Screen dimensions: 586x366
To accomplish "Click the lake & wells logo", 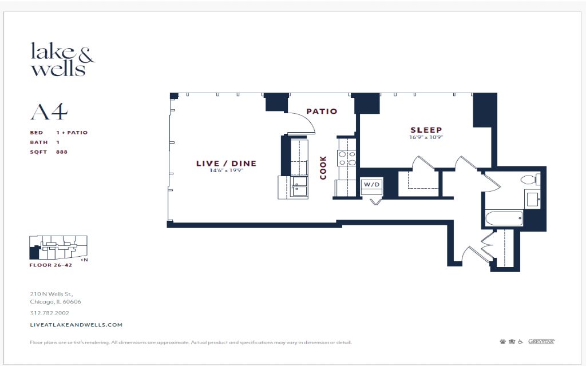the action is tap(63, 59).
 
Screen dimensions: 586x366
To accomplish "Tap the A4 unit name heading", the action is tap(49, 112).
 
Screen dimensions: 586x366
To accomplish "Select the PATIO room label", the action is tap(322, 112).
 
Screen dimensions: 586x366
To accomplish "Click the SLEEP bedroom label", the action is tap(426, 130).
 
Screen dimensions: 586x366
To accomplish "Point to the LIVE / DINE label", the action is tap(227, 163).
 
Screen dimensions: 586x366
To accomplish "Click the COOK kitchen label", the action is tap(323, 168).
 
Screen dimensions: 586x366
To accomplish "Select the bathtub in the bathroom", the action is tap(504, 218).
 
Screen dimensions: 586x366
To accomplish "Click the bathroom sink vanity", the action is tap(533, 199).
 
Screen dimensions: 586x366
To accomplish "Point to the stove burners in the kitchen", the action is tap(347, 158).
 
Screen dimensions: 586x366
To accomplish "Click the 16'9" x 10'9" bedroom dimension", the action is tap(426, 137).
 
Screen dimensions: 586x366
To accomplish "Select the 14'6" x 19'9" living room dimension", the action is tap(227, 170).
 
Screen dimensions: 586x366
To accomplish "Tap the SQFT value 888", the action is tap(62, 152).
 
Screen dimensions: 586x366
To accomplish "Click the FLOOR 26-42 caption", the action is tap(51, 265).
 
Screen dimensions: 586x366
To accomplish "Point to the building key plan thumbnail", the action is tap(59, 248).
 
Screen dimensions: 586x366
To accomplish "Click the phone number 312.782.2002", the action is tap(49, 313).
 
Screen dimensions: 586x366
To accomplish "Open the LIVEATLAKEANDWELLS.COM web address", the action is tap(76, 325).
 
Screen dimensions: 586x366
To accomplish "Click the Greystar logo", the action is tap(541, 341).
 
